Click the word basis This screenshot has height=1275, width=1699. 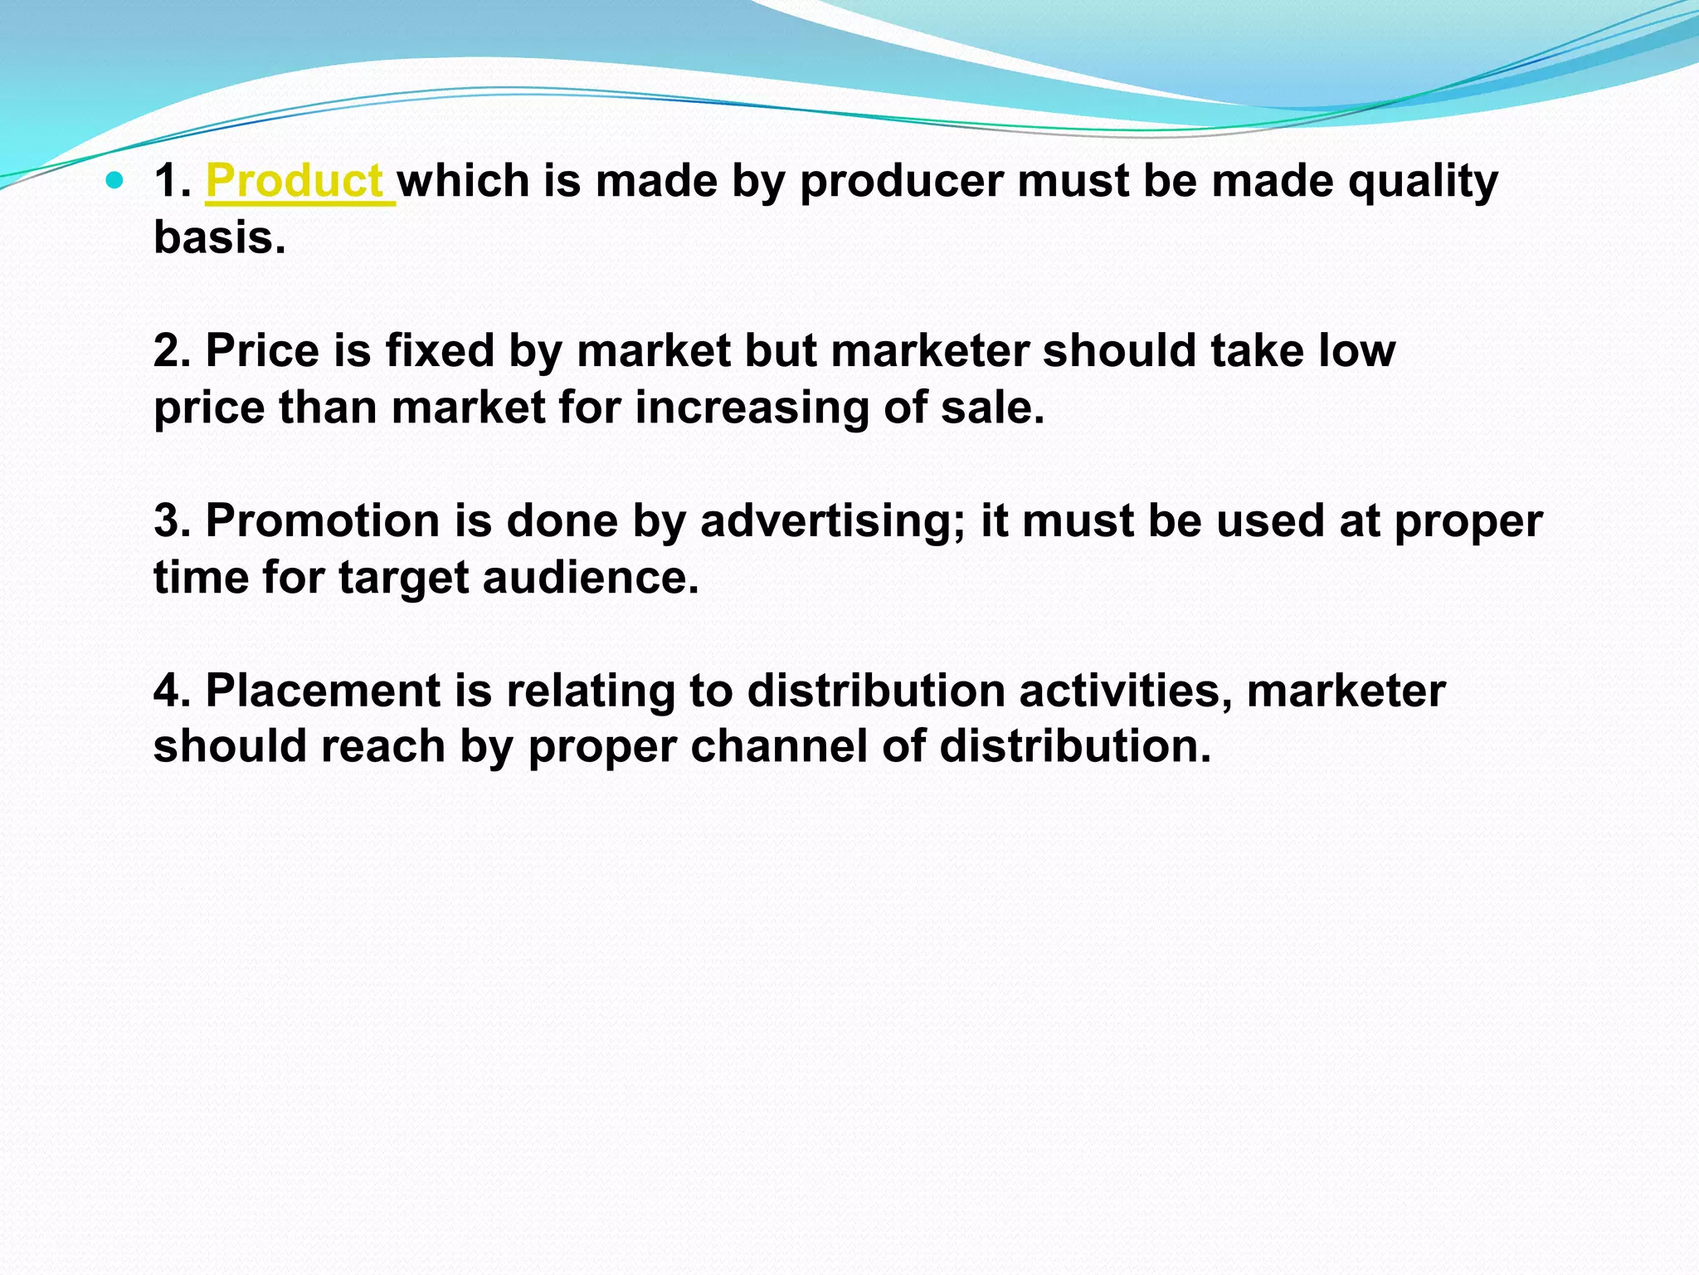click(219, 237)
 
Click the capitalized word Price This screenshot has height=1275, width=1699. click(262, 350)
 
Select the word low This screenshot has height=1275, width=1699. click(1357, 350)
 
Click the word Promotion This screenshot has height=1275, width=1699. click(323, 520)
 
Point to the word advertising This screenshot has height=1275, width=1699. click(833, 522)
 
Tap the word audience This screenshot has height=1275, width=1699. click(591, 577)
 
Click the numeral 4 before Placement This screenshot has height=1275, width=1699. click(168, 691)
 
